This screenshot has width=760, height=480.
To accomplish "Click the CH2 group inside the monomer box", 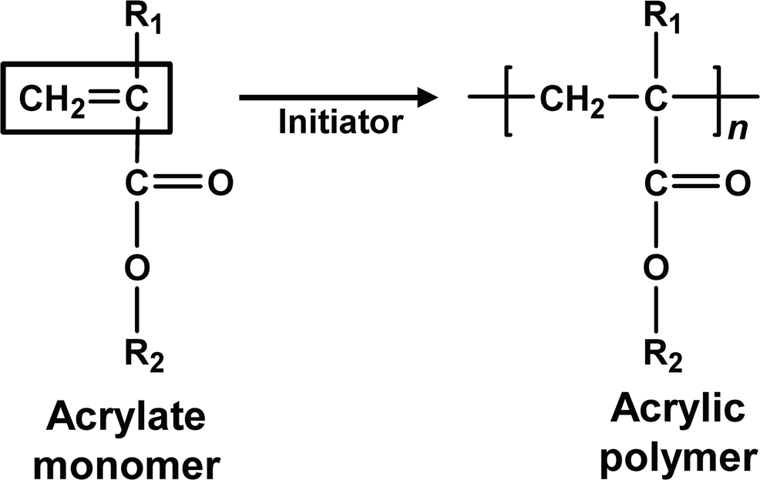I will (x=49, y=98).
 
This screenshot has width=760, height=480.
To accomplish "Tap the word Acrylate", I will (x=127, y=418).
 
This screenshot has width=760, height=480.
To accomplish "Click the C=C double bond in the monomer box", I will (x=102, y=98).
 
